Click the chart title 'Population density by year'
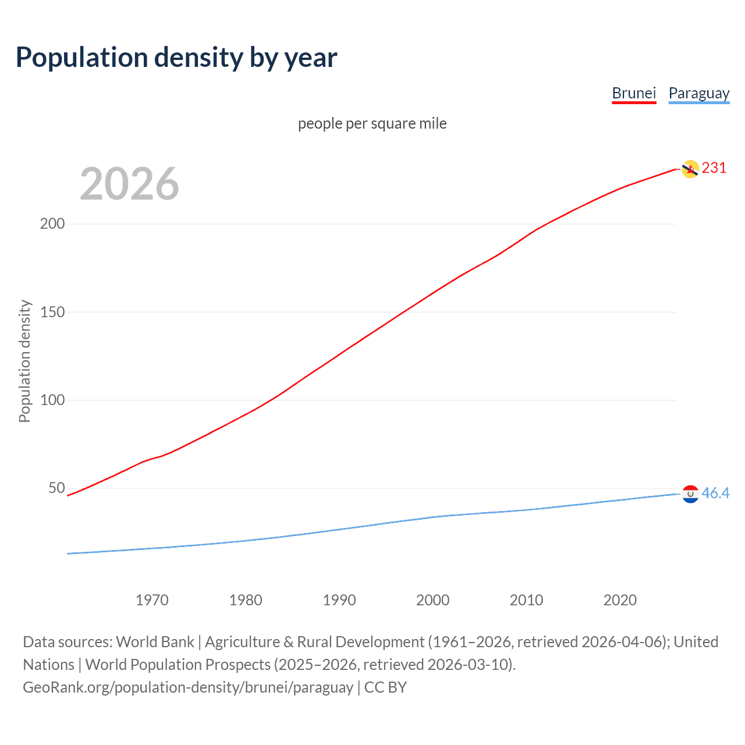tap(176, 58)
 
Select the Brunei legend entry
tap(634, 93)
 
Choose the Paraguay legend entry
tap(698, 93)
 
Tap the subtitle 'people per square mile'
tap(372, 124)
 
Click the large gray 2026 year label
tap(129, 184)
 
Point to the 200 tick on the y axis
tap(52, 224)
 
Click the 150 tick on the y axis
tap(52, 312)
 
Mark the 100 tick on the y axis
tap(52, 400)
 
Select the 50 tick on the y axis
tap(56, 488)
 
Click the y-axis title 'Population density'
tap(24, 361)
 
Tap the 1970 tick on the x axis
tap(152, 600)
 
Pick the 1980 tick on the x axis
tap(246, 600)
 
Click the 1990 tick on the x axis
tap(339, 600)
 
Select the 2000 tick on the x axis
tap(432, 600)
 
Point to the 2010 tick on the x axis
tap(526, 600)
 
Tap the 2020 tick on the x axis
tap(620, 600)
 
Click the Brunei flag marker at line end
tap(690, 169)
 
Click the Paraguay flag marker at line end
tap(690, 494)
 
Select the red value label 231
tap(714, 168)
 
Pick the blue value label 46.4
tap(715, 494)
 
